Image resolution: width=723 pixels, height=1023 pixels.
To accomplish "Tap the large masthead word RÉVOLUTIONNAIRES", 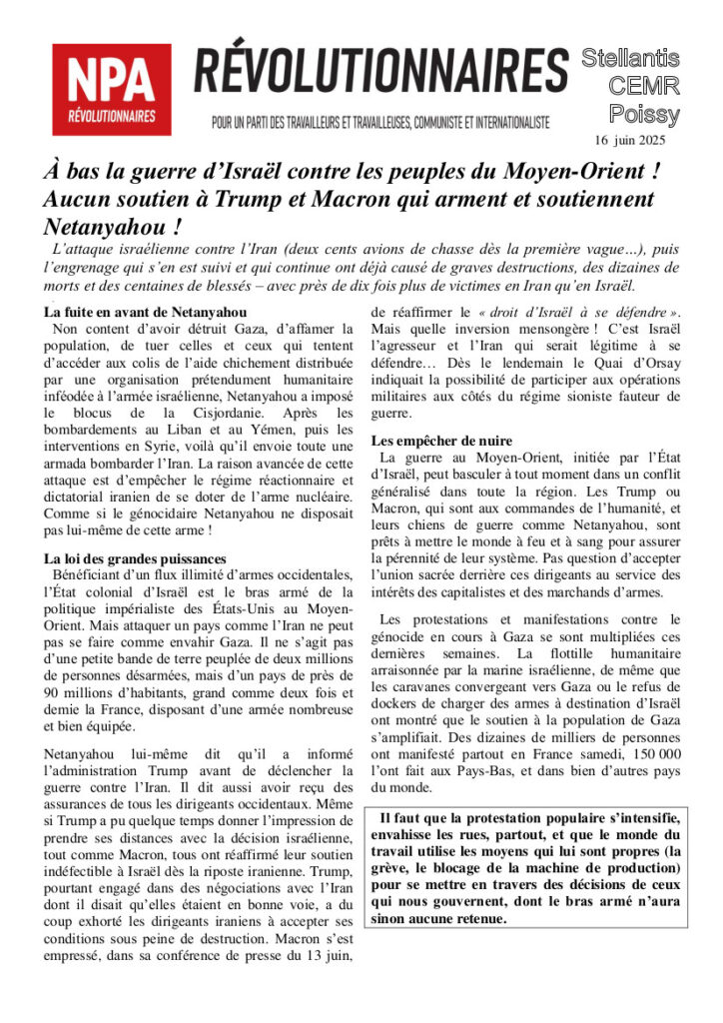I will pos(380,72).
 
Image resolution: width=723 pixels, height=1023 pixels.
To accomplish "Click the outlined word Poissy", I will pos(645,114).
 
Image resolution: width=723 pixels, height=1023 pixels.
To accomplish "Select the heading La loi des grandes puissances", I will pos(136,558).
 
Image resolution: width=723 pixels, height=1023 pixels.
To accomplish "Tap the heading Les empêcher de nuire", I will pos(441,441).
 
